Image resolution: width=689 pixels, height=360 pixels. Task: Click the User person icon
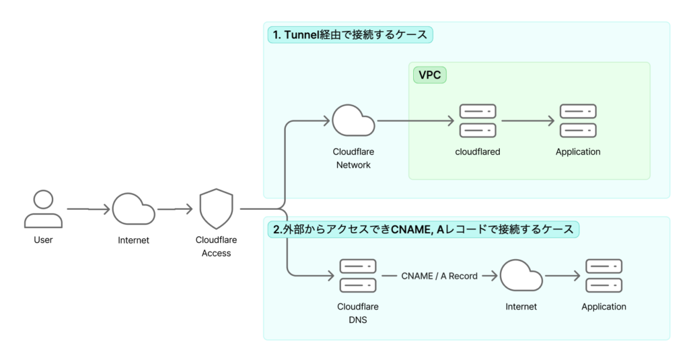pyautogui.click(x=43, y=209)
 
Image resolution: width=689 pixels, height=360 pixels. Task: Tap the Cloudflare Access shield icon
pyautogui.click(x=216, y=209)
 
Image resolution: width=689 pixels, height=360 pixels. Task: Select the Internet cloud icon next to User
pyautogui.click(x=134, y=209)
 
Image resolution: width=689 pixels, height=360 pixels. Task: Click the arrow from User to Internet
pyautogui.click(x=88, y=209)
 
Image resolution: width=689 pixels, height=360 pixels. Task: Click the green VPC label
pyautogui.click(x=430, y=75)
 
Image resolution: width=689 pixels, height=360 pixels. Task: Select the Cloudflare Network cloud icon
pyautogui.click(x=353, y=121)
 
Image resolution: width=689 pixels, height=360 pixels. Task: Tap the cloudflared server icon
pyautogui.click(x=477, y=121)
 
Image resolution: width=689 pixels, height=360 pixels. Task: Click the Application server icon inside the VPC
pyautogui.click(x=578, y=121)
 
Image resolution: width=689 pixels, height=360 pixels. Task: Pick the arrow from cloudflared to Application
pyautogui.click(x=528, y=121)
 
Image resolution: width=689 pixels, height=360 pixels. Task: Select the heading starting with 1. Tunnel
pyautogui.click(x=349, y=35)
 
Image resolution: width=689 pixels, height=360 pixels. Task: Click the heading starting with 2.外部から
pyautogui.click(x=423, y=229)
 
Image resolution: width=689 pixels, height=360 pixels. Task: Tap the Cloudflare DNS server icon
pyautogui.click(x=358, y=276)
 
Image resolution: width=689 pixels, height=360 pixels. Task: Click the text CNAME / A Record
pyautogui.click(x=439, y=276)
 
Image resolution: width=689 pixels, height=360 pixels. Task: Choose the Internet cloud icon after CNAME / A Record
pyautogui.click(x=521, y=276)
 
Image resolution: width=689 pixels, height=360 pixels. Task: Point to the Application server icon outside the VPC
pyautogui.click(x=604, y=276)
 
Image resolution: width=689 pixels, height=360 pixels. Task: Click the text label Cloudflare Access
pyautogui.click(x=216, y=246)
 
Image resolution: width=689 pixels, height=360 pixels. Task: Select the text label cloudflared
pyautogui.click(x=477, y=152)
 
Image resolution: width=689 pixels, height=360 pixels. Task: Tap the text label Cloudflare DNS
pyautogui.click(x=358, y=313)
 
